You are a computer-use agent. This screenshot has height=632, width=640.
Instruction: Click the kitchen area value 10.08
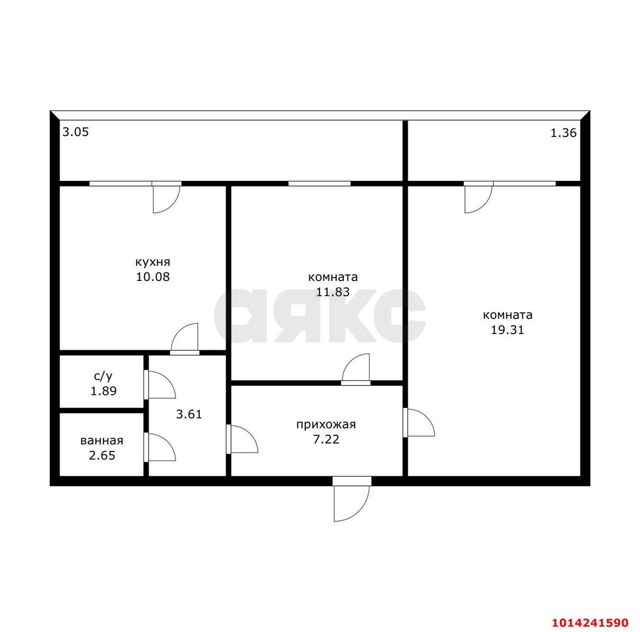pos(153,276)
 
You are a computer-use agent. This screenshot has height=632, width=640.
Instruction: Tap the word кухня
pos(153,262)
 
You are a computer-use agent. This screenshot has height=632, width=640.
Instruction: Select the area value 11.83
pos(332,291)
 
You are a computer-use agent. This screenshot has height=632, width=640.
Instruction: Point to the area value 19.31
pos(507,330)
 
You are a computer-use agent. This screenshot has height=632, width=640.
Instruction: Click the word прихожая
pos(326,425)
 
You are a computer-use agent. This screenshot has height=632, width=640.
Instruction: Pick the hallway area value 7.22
pos(326,439)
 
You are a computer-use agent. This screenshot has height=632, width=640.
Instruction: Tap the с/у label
pos(103,376)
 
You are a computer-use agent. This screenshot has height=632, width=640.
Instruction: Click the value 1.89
pos(103,391)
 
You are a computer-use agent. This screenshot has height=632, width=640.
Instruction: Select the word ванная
pos(102,441)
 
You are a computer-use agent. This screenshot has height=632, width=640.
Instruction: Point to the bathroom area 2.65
pos(102,455)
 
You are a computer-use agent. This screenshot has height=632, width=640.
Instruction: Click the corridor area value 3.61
pos(189,414)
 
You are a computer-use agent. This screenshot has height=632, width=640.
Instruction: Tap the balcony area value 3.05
pos(75,132)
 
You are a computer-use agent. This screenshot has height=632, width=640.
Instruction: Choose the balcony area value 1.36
pos(563,133)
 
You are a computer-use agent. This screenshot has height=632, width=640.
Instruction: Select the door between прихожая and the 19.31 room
pos(418,423)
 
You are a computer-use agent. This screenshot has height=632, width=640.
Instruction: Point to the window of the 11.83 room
pos(319,183)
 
